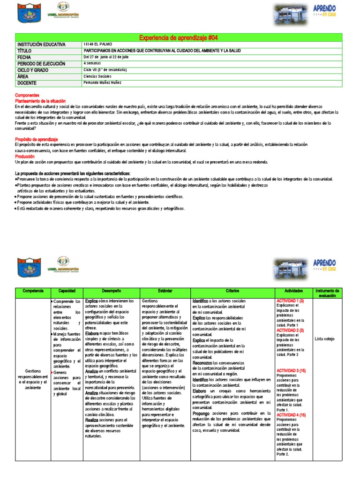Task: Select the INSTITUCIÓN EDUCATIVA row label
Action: (41, 45)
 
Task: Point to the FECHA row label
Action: (24, 57)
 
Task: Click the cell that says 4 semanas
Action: (92, 63)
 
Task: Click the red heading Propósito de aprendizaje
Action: (36, 139)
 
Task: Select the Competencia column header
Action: (32, 291)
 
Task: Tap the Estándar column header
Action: (165, 291)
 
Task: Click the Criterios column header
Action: (232, 291)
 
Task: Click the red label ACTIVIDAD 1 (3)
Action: (290, 300)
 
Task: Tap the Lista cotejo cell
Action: (325, 338)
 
